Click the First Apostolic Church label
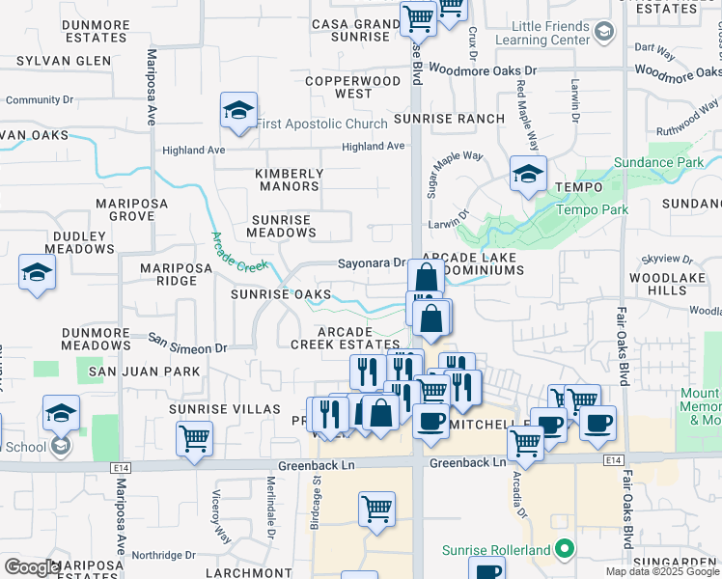[320, 124]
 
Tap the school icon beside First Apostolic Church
[237, 111]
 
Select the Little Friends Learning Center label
[541, 33]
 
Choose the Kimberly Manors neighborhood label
[289, 180]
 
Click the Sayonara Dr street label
[371, 262]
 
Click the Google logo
[32, 567]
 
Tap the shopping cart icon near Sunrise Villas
[194, 437]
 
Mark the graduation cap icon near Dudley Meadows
[36, 273]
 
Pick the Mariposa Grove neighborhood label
[132, 210]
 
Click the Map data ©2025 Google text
[662, 571]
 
